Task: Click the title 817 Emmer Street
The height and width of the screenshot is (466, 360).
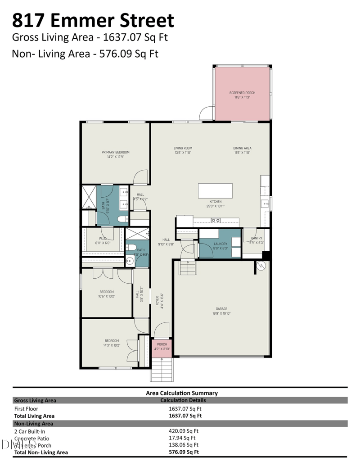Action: point(93,21)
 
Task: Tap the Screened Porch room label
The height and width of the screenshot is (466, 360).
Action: point(242,95)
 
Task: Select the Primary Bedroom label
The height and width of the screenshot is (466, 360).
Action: point(115,154)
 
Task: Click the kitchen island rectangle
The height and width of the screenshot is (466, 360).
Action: point(216,190)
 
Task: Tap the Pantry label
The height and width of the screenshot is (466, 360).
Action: point(256,240)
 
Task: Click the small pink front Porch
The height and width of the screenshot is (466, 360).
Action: point(162,346)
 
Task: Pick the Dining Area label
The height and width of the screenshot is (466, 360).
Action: point(242,150)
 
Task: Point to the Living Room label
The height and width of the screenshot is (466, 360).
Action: point(183,150)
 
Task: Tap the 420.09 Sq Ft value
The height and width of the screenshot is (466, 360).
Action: point(184,430)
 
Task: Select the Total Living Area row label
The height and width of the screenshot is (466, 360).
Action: point(34,416)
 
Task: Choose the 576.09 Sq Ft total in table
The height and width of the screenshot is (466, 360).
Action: point(184,452)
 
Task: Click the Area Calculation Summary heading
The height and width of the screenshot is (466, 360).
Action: point(182,393)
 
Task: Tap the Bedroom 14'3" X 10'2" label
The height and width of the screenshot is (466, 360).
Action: point(112,343)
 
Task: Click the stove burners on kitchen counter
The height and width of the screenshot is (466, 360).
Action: point(216,220)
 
